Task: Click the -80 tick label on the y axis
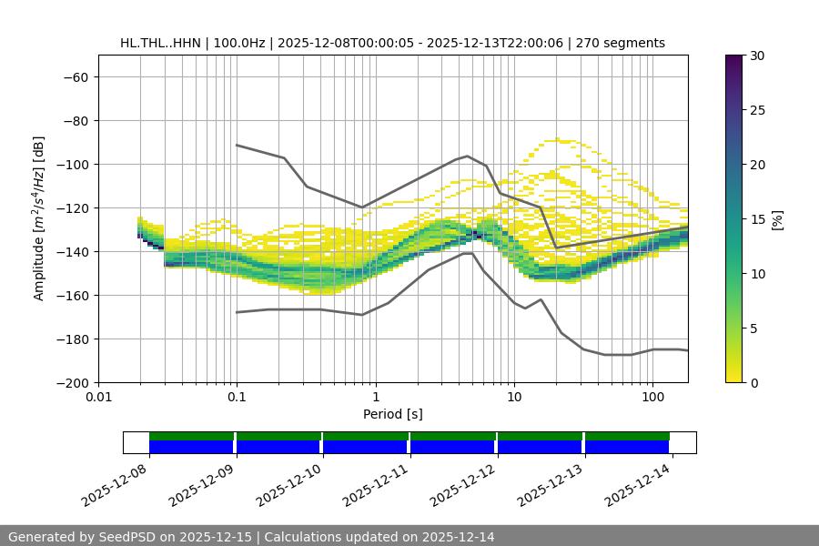pos(75,120)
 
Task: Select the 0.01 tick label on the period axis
pos(98,398)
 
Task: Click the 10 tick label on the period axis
pos(514,398)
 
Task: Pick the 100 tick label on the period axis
pos(652,398)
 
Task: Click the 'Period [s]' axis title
pos(392,414)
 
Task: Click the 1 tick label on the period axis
pos(376,398)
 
